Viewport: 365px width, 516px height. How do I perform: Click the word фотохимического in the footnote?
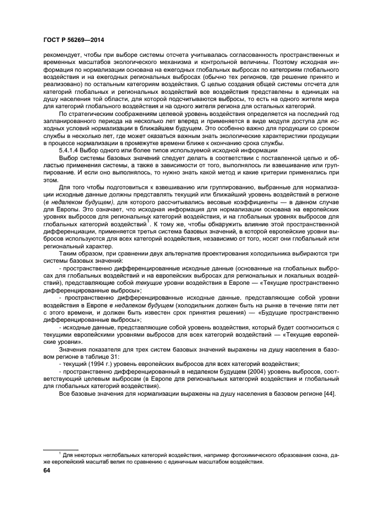pyautogui.click(x=234, y=455)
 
